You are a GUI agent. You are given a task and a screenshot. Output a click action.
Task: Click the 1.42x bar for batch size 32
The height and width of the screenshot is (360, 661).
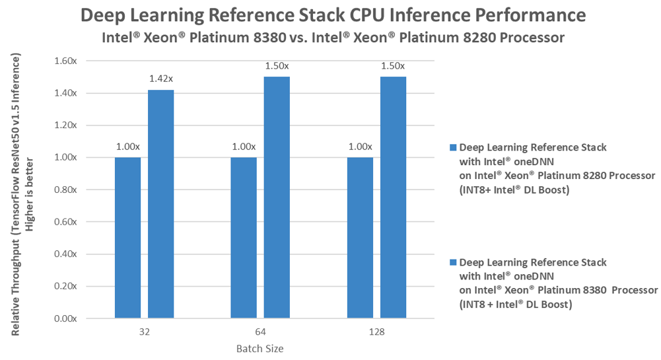(x=160, y=204)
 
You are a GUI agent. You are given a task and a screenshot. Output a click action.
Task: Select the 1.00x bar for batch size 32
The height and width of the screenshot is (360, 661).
(x=127, y=238)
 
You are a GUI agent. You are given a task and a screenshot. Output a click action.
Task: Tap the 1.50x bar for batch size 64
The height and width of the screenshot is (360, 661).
(x=277, y=198)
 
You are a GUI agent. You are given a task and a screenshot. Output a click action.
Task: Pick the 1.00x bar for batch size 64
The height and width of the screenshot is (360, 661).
(x=244, y=238)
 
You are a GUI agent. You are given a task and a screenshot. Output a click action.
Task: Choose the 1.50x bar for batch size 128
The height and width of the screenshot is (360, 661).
(x=393, y=198)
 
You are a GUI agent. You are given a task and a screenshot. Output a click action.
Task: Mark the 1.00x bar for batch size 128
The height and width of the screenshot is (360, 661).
(x=360, y=238)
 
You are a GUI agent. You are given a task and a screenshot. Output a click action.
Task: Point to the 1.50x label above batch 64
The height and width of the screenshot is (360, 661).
(x=277, y=67)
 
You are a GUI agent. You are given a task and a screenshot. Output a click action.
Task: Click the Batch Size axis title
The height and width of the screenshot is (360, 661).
(x=260, y=348)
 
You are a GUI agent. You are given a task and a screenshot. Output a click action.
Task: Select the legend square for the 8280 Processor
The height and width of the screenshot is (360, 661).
(x=452, y=147)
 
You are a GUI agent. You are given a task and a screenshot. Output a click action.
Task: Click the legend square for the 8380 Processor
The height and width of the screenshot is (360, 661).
(x=452, y=262)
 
